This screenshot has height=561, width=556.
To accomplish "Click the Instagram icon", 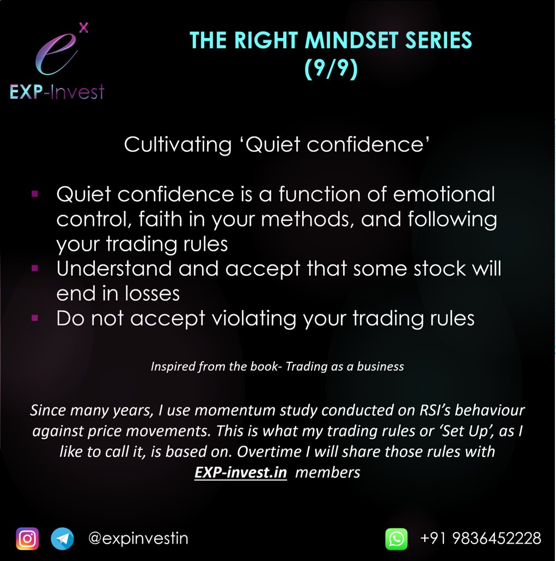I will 27,539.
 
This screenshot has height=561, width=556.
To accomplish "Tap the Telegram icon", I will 62,539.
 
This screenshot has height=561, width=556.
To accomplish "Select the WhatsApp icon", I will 396,539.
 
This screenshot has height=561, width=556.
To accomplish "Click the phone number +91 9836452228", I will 481,539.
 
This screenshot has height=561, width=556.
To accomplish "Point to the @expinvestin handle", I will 138,539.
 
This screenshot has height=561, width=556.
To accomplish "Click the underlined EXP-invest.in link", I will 241,472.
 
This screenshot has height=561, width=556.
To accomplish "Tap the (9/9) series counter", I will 331,70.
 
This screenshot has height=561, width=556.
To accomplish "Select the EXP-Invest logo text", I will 57,92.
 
